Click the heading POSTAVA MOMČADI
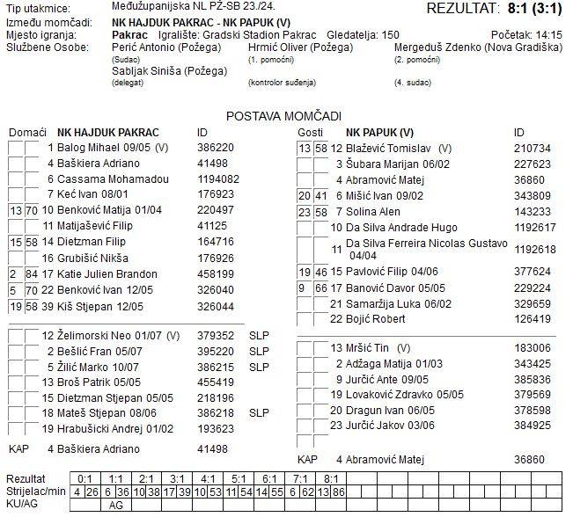(x=283, y=115)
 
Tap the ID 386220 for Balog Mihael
(x=216, y=148)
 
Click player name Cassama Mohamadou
(x=107, y=178)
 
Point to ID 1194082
(x=219, y=178)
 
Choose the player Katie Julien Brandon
(x=107, y=274)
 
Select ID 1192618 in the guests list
(x=534, y=249)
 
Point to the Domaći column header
(x=27, y=132)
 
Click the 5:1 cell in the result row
(x=234, y=478)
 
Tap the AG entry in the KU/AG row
(x=116, y=506)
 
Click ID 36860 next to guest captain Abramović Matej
(x=530, y=459)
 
